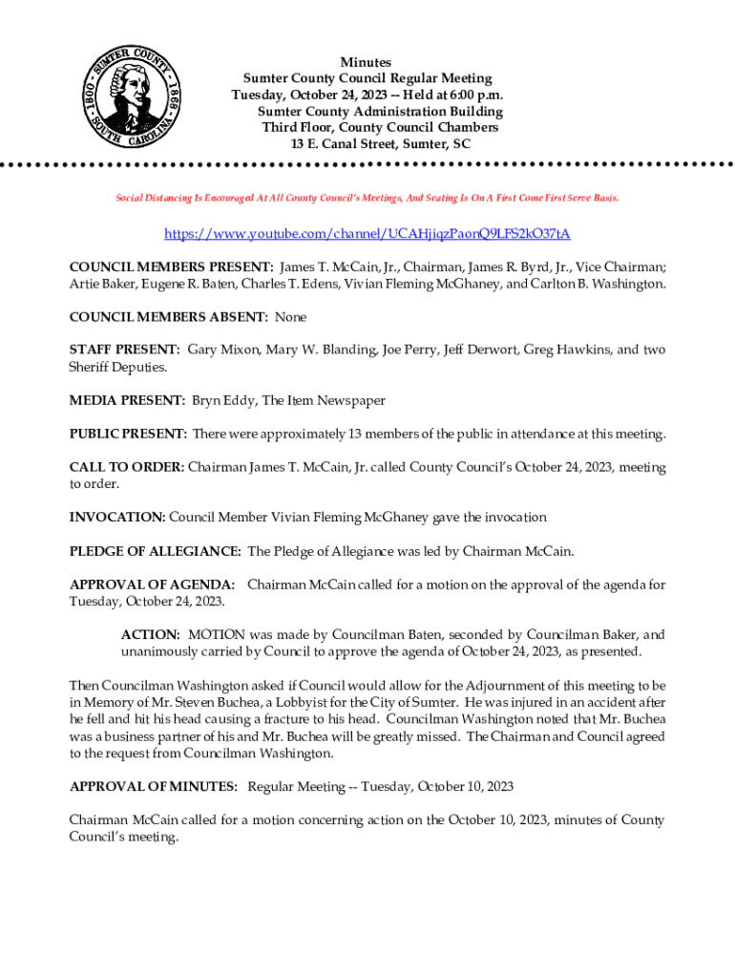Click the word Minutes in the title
(x=367, y=62)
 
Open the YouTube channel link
(x=367, y=233)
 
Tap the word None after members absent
(x=291, y=316)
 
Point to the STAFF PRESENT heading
(x=124, y=350)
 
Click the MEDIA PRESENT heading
(x=127, y=400)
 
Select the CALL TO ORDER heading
(x=126, y=467)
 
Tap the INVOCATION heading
(x=117, y=517)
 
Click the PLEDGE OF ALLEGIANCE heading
(x=155, y=551)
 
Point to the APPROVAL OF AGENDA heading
(x=152, y=585)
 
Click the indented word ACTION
(x=150, y=634)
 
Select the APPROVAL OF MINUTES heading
(x=154, y=786)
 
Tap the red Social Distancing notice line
(x=367, y=198)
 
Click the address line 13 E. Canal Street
(x=367, y=143)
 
